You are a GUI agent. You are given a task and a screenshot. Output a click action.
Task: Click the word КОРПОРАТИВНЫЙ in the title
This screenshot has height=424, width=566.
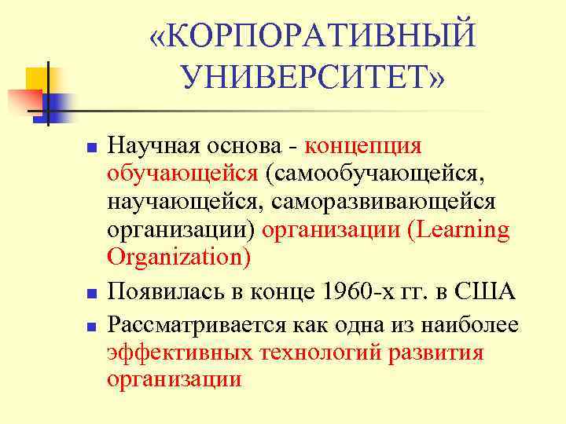pos(322,36)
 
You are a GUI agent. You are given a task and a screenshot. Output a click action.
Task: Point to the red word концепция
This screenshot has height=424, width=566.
pos(363,146)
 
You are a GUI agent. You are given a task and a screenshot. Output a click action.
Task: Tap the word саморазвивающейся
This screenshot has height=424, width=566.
pos(384,202)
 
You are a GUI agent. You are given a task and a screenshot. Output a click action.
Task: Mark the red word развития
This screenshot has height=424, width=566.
pos(436,353)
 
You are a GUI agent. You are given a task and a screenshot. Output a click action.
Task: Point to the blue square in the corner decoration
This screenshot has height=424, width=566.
pos(59,104)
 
